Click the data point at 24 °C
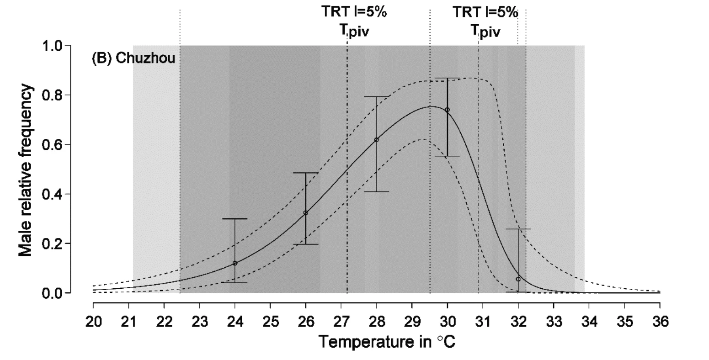pos(235,263)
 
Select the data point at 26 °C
pos(306,212)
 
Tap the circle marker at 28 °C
pos(377,139)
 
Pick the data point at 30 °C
pos(447,110)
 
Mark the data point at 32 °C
pos(518,279)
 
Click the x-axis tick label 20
pos(93,322)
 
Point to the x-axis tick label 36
pos(660,322)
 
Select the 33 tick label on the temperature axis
pos(554,322)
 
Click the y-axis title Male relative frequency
pos(25,170)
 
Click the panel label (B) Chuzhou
pos(133,58)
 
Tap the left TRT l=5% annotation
pos(354,12)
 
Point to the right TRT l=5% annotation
pos(485,12)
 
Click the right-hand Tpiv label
pos(485,32)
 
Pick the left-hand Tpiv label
pos(354,31)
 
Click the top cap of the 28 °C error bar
pos(377,96)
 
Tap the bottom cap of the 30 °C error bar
pos(447,156)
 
